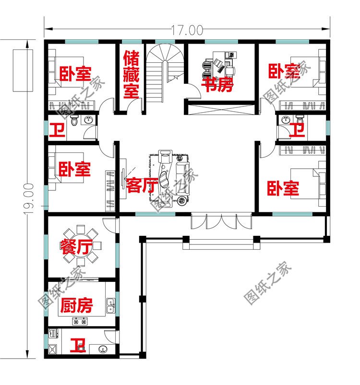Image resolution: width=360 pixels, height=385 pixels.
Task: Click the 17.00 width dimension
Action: pyautogui.click(x=186, y=30)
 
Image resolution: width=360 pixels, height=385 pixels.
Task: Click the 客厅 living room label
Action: pyautogui.click(x=141, y=185)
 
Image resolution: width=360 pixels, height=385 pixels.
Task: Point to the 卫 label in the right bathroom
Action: pyautogui.click(x=298, y=129)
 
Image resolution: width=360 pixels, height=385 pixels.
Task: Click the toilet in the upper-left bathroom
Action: pyautogui.click(x=74, y=121)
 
